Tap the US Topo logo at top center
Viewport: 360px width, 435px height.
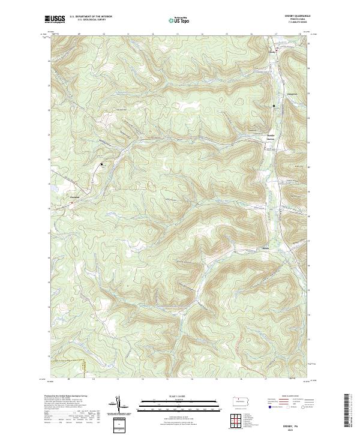(179, 20)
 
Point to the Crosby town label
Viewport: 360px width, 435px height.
(272, 52)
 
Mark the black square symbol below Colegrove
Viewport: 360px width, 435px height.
(274, 106)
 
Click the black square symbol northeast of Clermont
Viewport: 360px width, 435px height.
(102, 163)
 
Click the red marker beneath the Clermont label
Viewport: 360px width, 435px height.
(72, 202)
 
